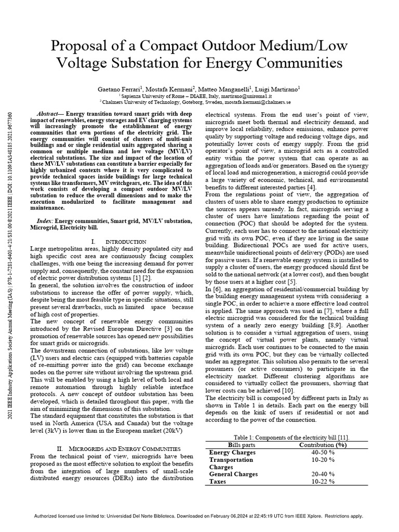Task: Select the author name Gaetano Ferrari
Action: click(x=121, y=89)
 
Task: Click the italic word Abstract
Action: click(x=51, y=114)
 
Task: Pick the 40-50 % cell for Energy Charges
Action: click(x=324, y=453)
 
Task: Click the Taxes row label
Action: click(x=218, y=482)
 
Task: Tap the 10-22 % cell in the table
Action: click(x=324, y=482)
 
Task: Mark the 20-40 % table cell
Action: click(x=324, y=474)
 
